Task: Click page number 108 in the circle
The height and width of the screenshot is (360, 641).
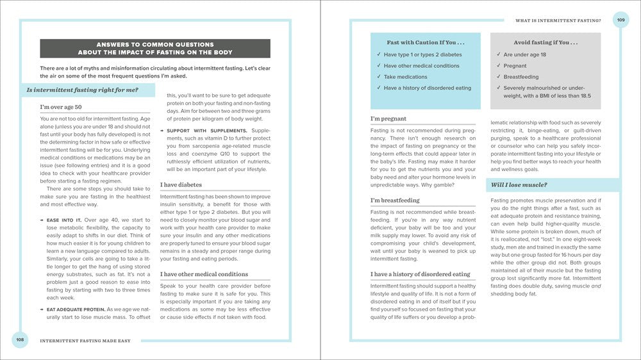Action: click(20, 340)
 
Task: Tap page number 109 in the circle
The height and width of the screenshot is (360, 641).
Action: click(620, 20)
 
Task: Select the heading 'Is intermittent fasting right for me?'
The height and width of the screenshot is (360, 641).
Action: click(82, 90)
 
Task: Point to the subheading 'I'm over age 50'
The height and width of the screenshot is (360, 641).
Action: click(61, 107)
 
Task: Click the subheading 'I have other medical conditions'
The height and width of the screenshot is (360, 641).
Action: click(204, 274)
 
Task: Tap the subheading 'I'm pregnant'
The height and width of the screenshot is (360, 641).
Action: click(388, 119)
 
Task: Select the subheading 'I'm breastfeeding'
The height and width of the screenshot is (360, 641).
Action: click(395, 200)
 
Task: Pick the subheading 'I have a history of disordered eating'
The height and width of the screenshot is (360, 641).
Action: click(420, 274)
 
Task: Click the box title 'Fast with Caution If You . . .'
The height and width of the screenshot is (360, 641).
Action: click(425, 43)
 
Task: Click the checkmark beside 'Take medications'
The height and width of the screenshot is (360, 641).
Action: click(379, 77)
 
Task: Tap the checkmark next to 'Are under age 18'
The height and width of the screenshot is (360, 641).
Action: click(498, 55)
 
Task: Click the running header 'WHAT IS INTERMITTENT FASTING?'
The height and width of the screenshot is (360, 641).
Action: click(558, 20)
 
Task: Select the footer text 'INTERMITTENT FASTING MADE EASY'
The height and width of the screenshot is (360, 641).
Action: click(85, 340)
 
